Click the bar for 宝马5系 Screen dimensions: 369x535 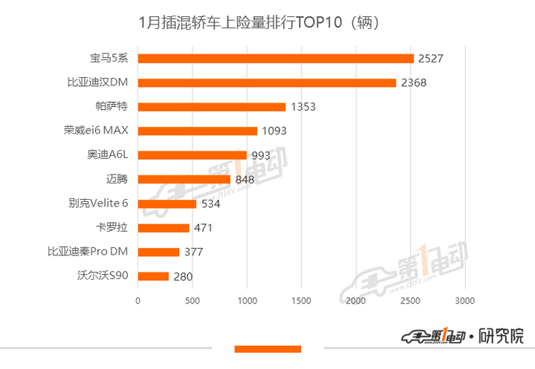276,59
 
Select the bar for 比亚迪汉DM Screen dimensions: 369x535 267,82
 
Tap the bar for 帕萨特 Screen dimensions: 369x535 212,107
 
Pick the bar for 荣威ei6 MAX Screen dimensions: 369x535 198,131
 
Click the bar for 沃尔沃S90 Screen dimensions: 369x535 153,276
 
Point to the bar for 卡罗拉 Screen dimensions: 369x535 163,228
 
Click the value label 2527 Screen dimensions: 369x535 431,59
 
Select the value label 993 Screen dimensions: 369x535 264,155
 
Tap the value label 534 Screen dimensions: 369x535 213,204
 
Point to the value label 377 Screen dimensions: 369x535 193,252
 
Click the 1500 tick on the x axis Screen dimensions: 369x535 301,301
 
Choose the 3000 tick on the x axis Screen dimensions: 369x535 464,301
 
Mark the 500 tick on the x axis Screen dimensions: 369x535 192,301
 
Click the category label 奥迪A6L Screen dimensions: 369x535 108,155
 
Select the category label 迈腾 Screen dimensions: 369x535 117,179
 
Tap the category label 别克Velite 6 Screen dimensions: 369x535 98,203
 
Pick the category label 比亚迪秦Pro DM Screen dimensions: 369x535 88,252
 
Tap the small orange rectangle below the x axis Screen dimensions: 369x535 267,349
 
